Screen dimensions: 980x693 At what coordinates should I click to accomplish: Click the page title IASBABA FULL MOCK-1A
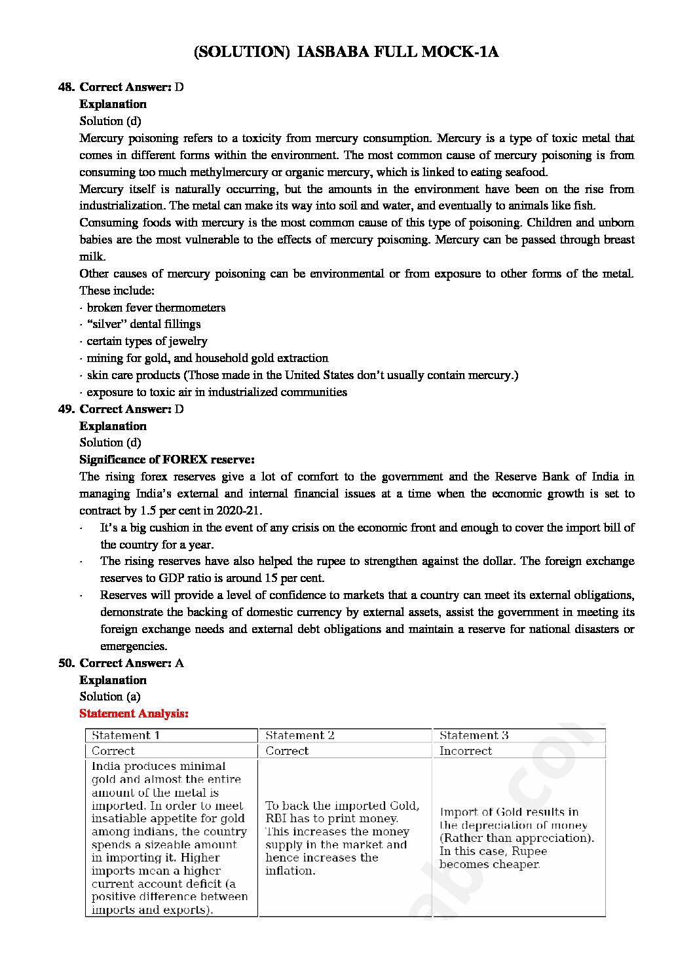(x=346, y=52)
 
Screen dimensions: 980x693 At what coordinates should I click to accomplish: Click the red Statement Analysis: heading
(x=134, y=714)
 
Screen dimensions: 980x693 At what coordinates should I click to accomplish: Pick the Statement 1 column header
(x=126, y=736)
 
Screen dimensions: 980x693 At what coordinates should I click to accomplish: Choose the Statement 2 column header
(x=300, y=736)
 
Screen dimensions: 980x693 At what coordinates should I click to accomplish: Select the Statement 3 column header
(x=474, y=736)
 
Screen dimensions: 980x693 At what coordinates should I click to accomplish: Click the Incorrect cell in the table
(x=466, y=752)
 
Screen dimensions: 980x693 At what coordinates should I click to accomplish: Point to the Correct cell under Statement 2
(x=287, y=752)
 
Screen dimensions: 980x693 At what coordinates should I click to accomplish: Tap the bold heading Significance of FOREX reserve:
(x=167, y=460)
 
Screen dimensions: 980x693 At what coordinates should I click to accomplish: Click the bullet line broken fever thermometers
(x=156, y=308)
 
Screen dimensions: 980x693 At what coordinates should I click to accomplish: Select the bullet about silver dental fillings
(x=143, y=324)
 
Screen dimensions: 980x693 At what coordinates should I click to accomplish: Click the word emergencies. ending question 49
(x=134, y=646)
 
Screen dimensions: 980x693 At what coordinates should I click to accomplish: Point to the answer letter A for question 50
(x=179, y=663)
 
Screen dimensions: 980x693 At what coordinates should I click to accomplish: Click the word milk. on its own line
(x=92, y=257)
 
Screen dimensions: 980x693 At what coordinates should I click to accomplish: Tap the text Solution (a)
(x=110, y=697)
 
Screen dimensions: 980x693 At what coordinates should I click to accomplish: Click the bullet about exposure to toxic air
(x=217, y=392)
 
